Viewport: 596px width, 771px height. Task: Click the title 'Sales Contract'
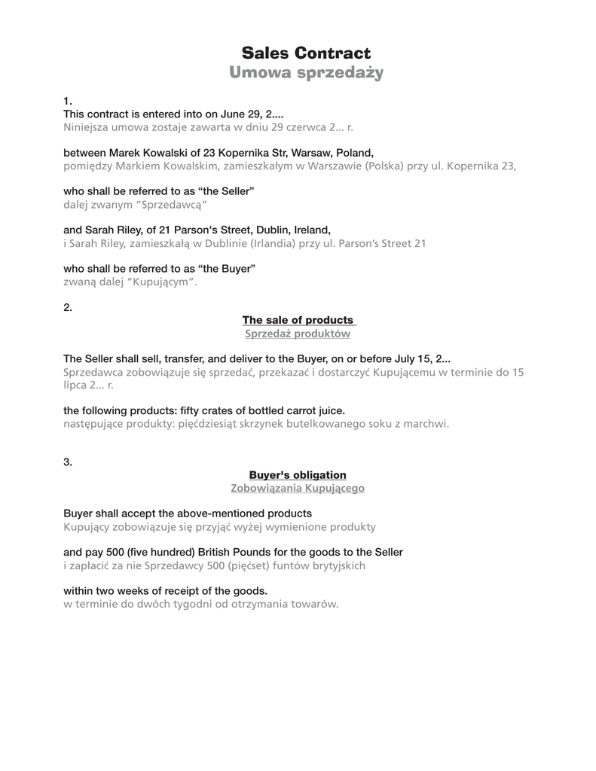pos(306,53)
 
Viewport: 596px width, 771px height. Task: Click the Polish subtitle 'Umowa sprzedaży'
pos(306,73)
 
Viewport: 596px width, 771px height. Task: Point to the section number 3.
pos(68,462)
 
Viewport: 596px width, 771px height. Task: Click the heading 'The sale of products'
pos(298,320)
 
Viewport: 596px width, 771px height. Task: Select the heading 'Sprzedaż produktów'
pos(298,334)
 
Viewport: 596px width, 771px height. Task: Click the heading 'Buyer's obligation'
pos(298,475)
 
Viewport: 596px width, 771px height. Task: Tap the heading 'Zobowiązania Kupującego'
pos(298,489)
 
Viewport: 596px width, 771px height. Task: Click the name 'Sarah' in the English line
pos(99,230)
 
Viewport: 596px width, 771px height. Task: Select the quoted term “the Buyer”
pos(228,268)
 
